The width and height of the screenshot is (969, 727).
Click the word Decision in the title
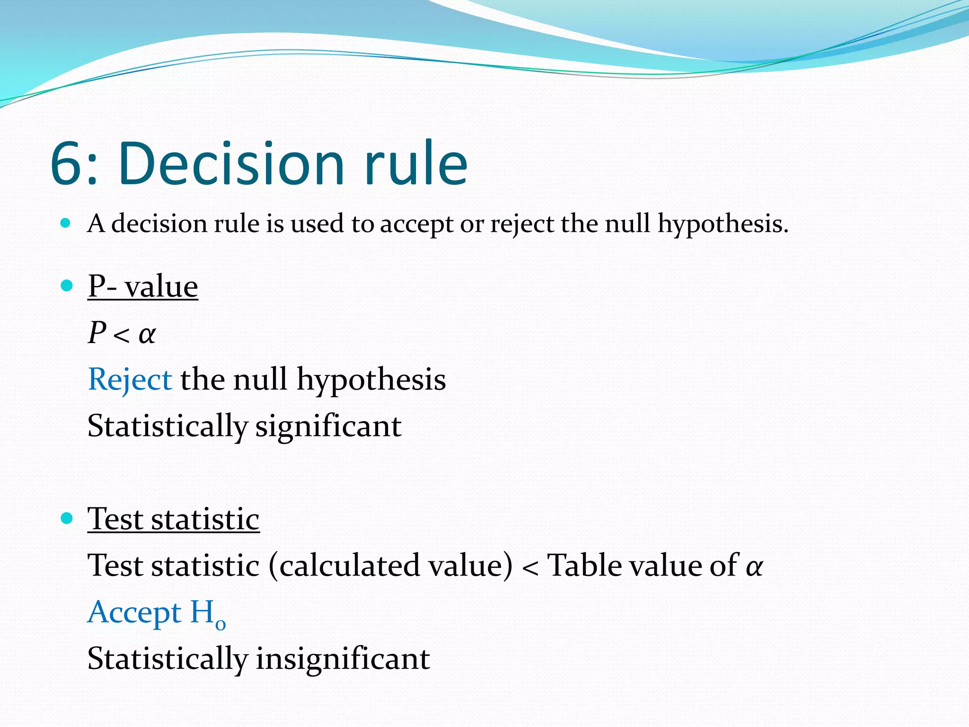[231, 163]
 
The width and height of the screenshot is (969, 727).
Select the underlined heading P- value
[142, 286]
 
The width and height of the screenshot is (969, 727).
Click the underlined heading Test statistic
[173, 519]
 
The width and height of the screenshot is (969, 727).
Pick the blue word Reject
[130, 380]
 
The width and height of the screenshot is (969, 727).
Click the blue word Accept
[134, 612]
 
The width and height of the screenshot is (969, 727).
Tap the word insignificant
[343, 658]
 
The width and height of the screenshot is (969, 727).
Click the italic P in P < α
[97, 332]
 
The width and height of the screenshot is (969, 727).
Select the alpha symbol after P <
[147, 334]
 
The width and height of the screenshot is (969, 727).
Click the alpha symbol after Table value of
[754, 566]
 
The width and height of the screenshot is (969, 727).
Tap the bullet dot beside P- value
[67, 285]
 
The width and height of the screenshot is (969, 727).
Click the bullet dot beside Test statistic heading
[67, 518]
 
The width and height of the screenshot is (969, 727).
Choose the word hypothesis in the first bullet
[722, 224]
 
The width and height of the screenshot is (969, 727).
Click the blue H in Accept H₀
[202, 612]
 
